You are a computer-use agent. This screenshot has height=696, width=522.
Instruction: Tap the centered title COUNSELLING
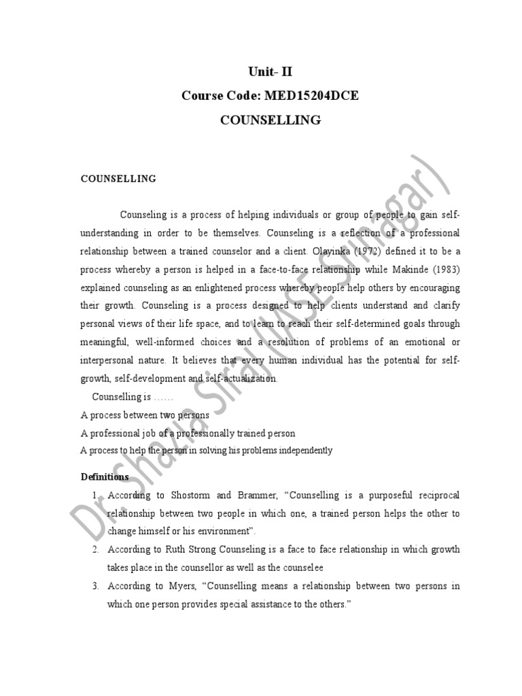[270, 120]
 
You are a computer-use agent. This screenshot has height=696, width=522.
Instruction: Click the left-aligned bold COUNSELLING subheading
[118, 179]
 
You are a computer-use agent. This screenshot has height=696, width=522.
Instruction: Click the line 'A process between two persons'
[145, 415]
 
